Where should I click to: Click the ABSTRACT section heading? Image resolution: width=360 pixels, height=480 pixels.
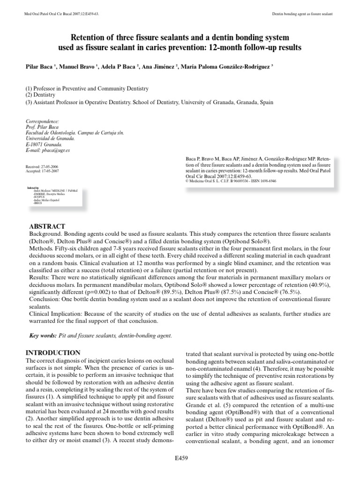pyautogui.click(x=47, y=226)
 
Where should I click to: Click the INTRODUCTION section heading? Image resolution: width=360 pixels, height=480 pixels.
pyautogui.click(x=54, y=352)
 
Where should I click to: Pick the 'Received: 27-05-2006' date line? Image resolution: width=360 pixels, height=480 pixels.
pyautogui.click(x=42, y=167)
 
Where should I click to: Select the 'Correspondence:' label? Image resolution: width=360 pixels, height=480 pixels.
pyautogui.click(x=43, y=120)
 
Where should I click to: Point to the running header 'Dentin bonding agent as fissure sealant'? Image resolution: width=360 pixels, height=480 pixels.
pyautogui.click(x=302, y=15)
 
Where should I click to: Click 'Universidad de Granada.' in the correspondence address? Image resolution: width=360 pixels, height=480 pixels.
pyautogui.click(x=50, y=139)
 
